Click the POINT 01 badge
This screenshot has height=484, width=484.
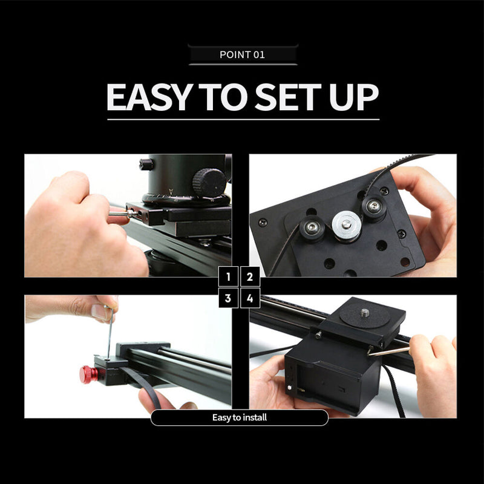click(243, 54)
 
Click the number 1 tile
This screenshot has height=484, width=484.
click(228, 277)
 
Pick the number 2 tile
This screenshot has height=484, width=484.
click(250, 277)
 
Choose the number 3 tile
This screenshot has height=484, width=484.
click(228, 298)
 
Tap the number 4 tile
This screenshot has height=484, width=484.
click(250, 298)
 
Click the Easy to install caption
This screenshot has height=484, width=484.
click(240, 417)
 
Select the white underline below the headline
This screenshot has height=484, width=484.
click(243, 119)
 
